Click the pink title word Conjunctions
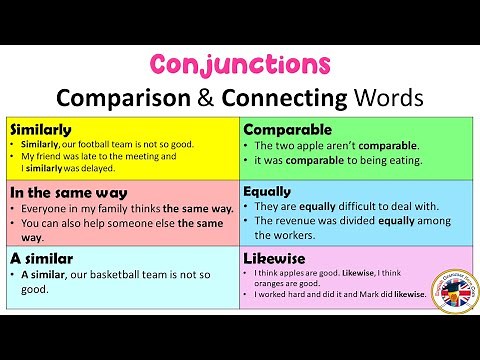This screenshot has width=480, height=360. click(241, 65)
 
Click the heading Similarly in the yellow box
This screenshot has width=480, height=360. click(39, 130)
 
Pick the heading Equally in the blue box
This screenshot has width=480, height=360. click(267, 191)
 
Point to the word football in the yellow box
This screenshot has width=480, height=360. click(105, 144)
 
